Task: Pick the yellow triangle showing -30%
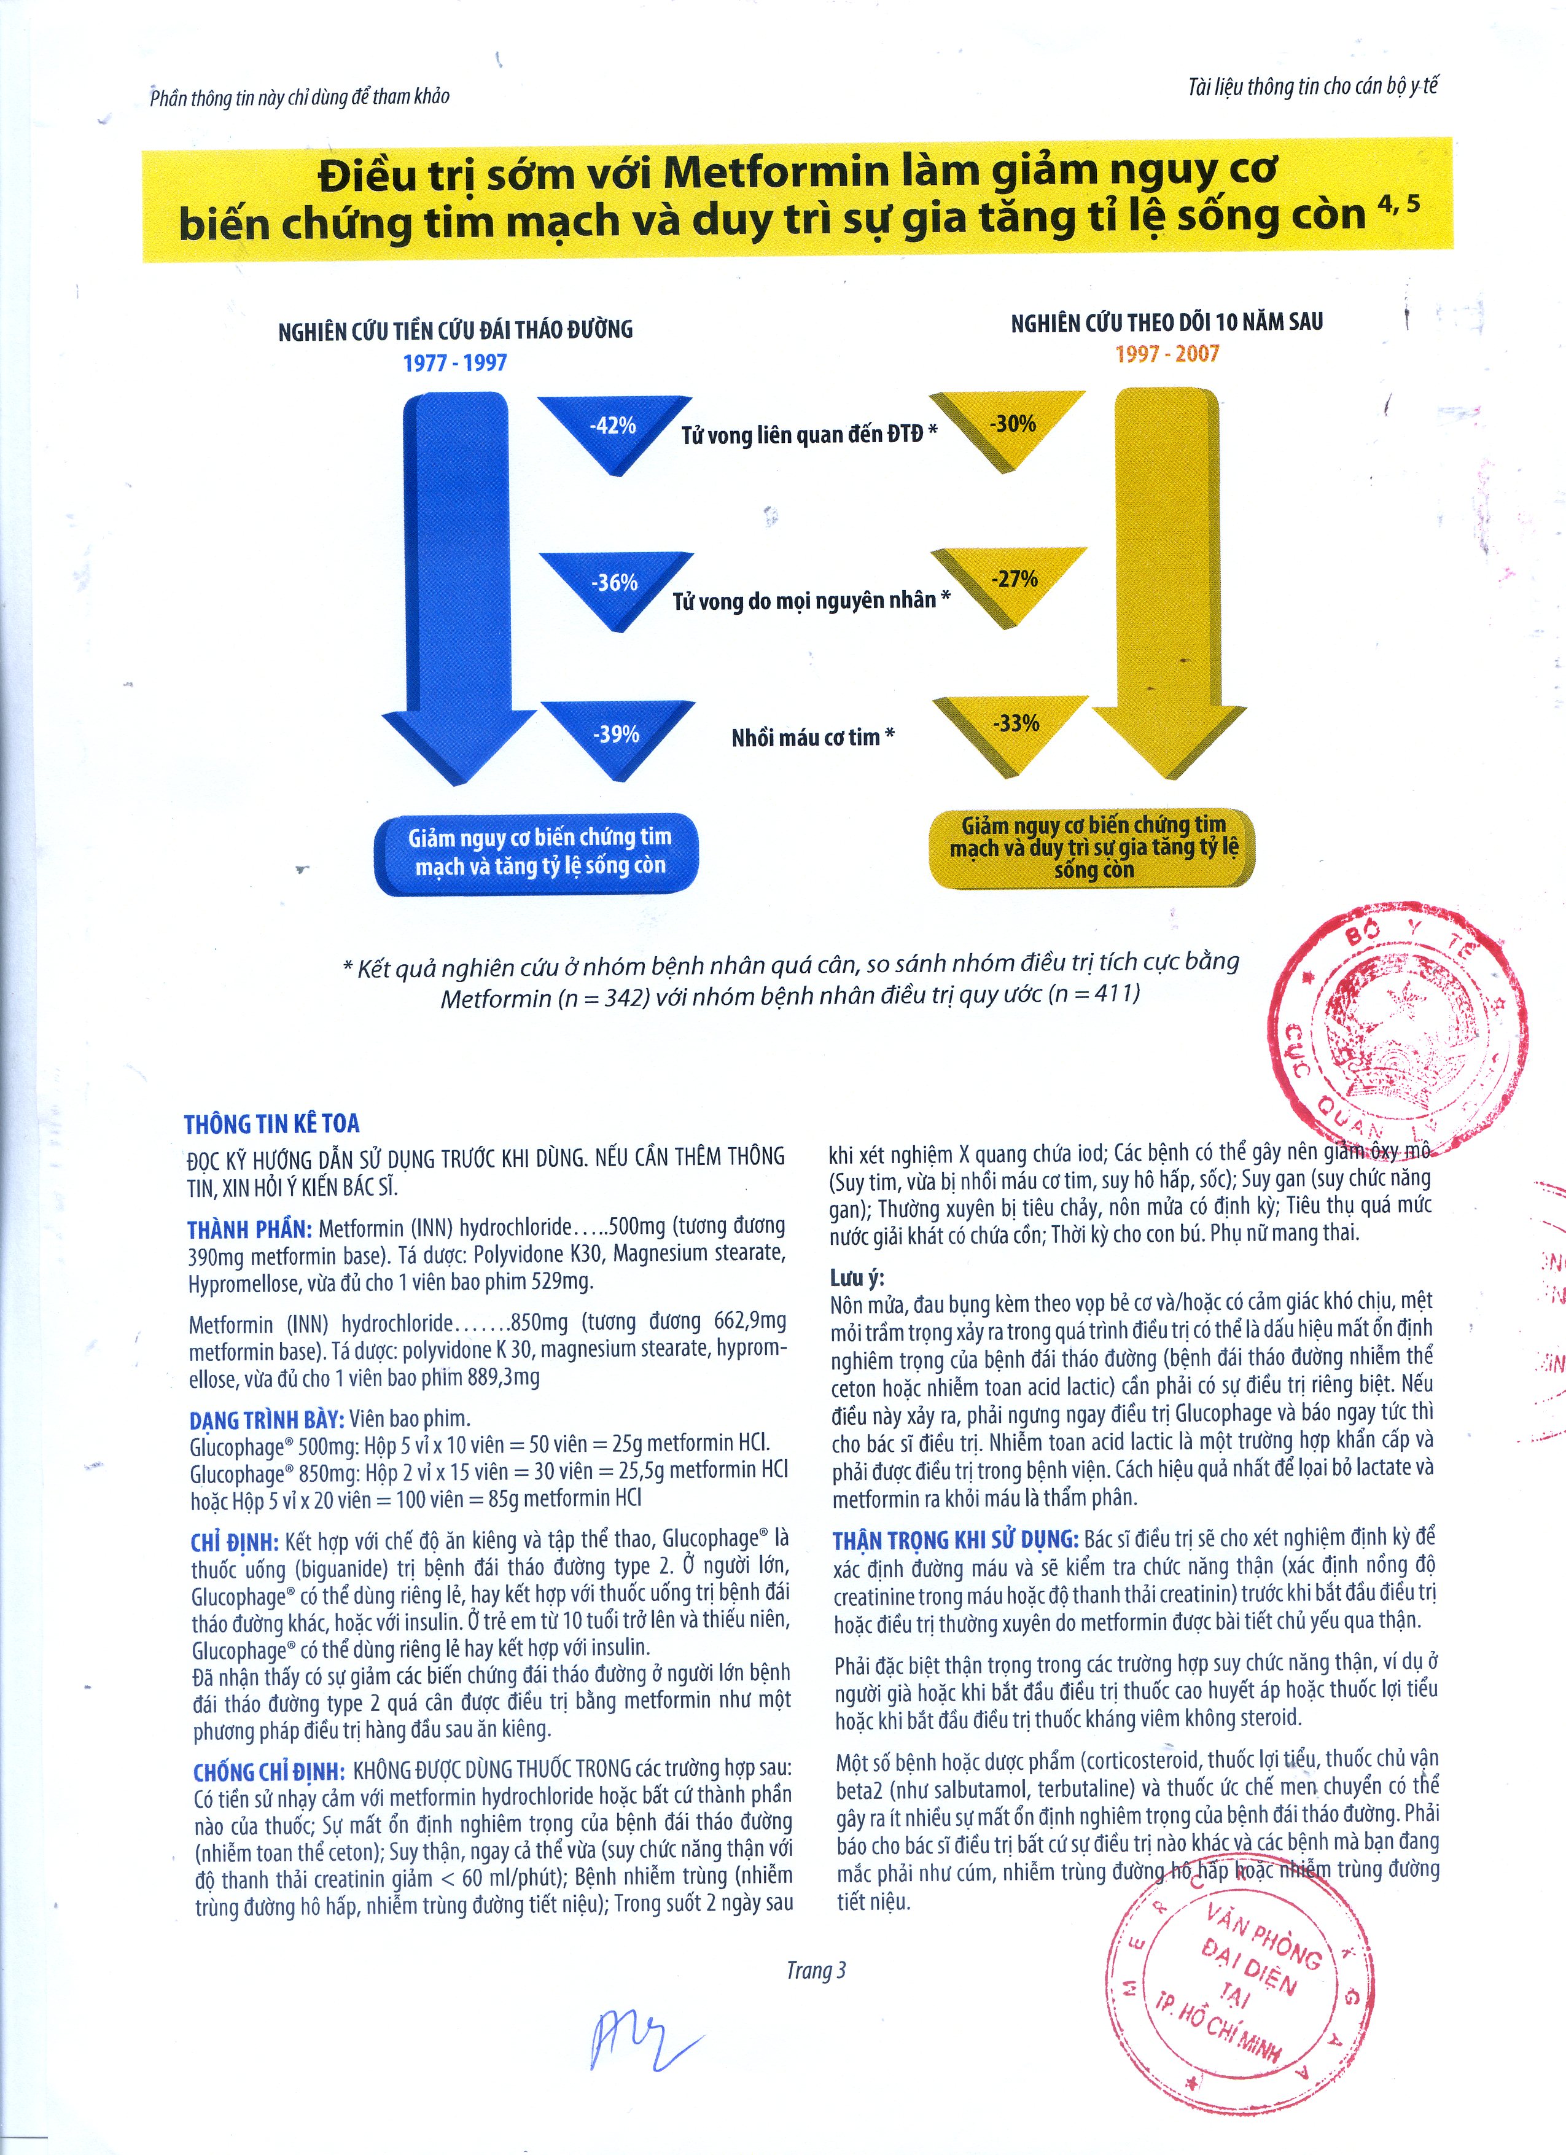pos(1011,426)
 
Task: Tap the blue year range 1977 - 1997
pos(454,363)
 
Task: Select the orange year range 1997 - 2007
pos(1167,354)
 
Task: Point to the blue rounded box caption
pos(539,852)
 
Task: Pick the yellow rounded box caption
pos(1093,848)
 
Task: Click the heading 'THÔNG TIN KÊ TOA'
pos(272,1124)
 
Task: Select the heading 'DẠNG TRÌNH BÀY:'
pos(266,1419)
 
